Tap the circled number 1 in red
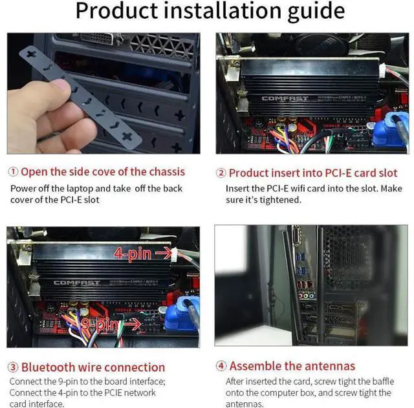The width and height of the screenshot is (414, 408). [13, 172]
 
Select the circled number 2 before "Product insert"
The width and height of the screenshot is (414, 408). [221, 173]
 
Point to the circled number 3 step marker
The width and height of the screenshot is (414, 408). [13, 367]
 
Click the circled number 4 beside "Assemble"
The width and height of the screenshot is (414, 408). [221, 366]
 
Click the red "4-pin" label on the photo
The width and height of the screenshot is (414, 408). [133, 252]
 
